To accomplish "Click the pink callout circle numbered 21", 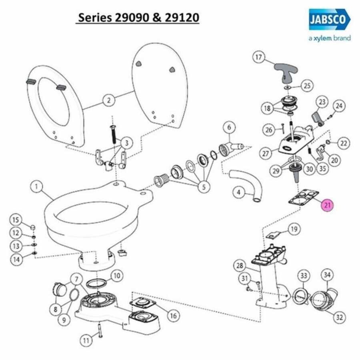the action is (327, 204).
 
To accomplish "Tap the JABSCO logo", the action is (330, 20).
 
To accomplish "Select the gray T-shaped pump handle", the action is (286, 73).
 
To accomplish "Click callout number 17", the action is (258, 57).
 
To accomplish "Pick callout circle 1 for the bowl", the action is (36, 186).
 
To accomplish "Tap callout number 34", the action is (327, 275).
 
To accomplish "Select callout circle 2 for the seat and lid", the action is (108, 100).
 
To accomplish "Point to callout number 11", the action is (86, 340).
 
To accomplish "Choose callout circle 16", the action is (173, 316).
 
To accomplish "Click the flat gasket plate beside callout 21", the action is (304, 198).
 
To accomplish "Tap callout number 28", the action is (240, 266).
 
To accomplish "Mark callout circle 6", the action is (229, 127).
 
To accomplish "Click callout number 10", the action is (117, 276).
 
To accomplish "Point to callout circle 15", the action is (16, 220).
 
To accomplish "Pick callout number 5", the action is (204, 187).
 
